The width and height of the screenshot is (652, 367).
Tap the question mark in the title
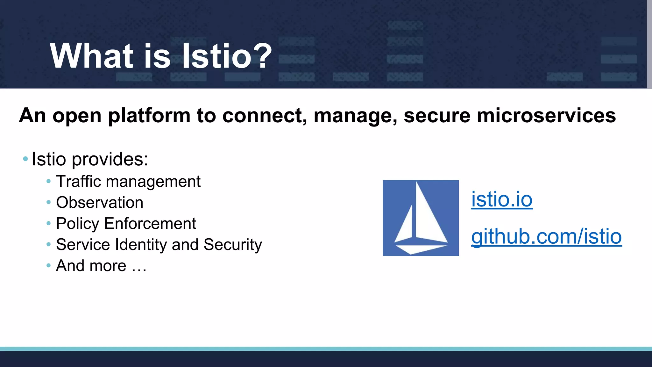263,56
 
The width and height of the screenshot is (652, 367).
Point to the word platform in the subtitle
149,116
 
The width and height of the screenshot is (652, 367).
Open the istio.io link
502,199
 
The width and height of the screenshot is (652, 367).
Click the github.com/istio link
546,237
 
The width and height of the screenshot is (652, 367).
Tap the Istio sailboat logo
421,218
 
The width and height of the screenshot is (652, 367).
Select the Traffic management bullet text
128,182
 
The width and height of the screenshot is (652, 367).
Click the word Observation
100,203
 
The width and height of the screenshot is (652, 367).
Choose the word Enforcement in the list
150,224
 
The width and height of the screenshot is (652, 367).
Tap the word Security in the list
232,245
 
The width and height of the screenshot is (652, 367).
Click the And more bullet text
101,266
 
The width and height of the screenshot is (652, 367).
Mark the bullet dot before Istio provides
25,159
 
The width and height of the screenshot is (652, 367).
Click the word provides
110,159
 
